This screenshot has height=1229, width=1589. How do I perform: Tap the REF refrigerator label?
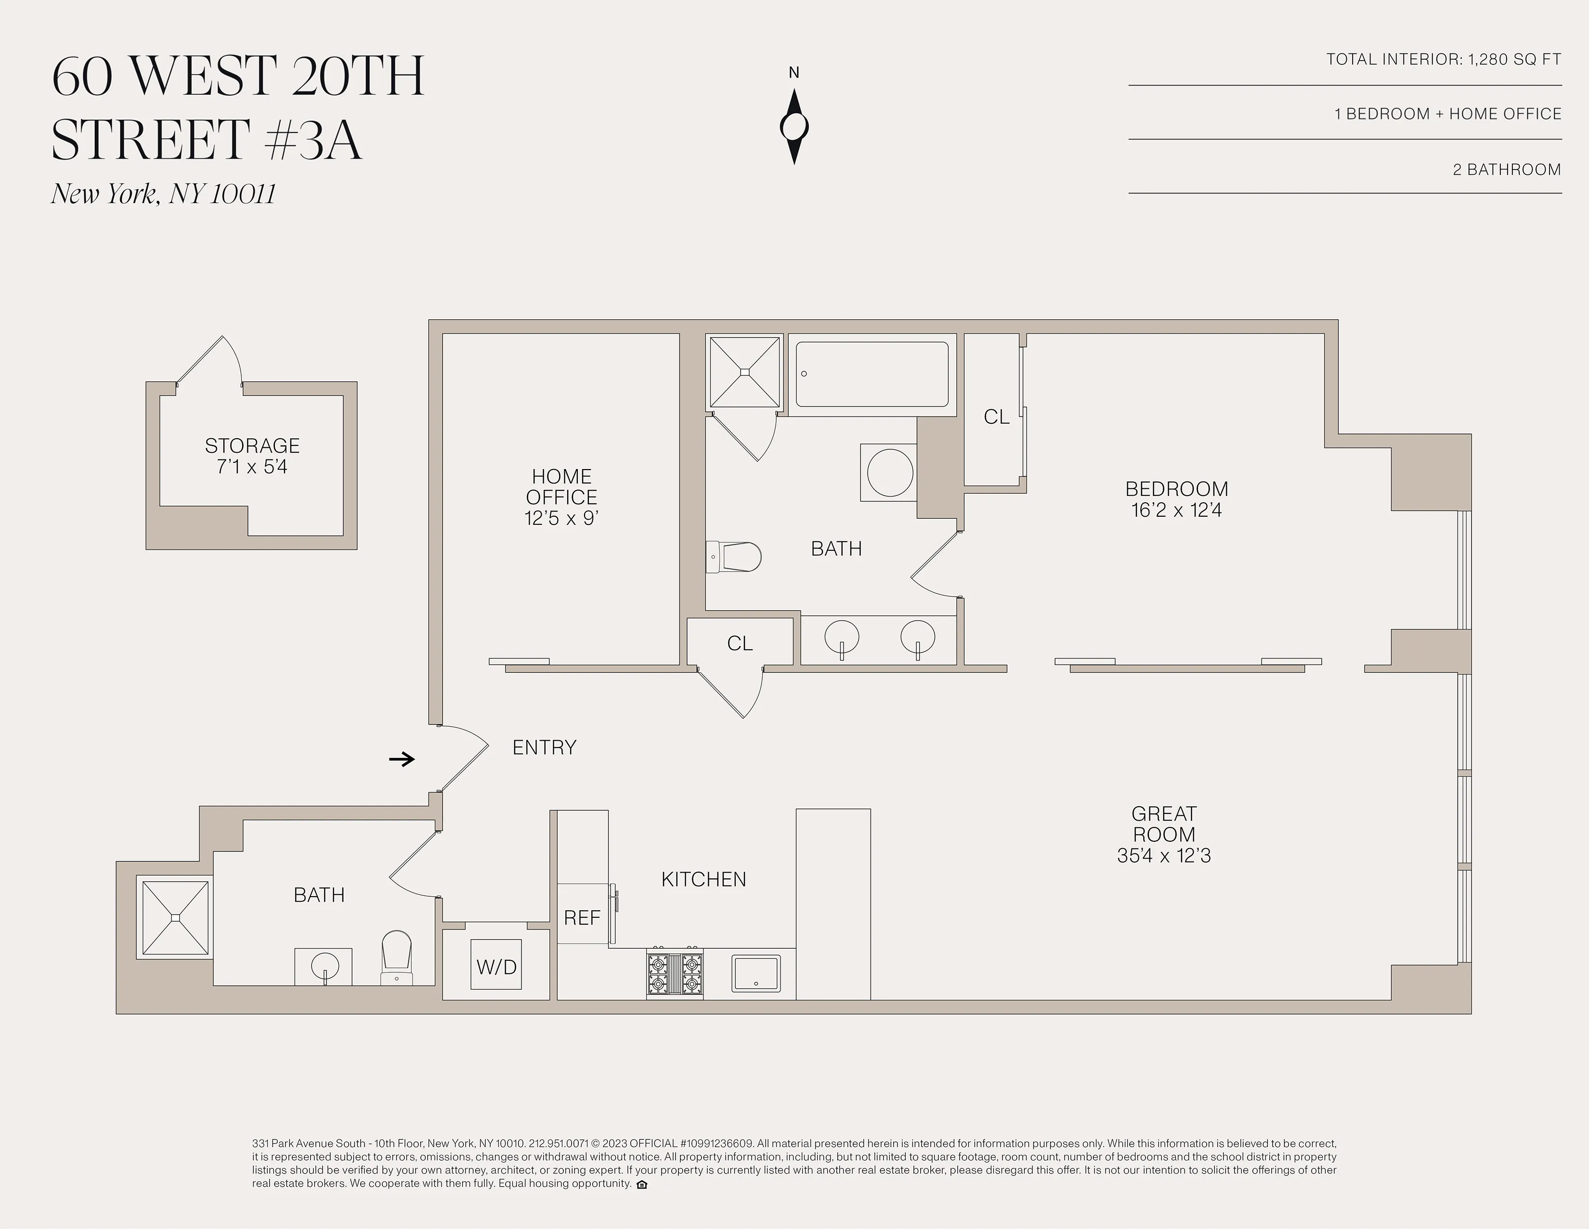582,917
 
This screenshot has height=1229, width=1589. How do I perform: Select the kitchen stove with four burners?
675,974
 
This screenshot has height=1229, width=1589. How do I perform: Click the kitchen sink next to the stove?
756,973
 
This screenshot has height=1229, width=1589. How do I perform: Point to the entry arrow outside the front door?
402,759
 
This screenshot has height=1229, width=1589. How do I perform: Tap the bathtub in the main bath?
872,374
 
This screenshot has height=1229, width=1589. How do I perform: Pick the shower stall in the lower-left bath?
175,917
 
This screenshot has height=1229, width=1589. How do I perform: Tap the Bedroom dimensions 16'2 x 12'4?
1176,510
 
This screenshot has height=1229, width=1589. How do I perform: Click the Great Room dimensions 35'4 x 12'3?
1163,856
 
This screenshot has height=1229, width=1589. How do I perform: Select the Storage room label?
252,445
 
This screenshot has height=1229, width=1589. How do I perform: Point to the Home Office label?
561,487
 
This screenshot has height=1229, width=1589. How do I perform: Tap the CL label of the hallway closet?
739,643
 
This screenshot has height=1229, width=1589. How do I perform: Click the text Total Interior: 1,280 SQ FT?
1443,59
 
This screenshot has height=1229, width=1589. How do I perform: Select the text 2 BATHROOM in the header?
1506,170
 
